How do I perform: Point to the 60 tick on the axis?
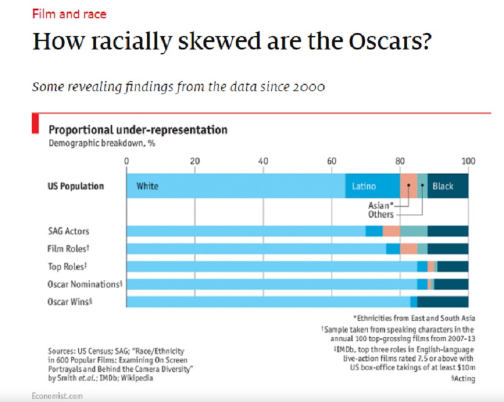point(331,161)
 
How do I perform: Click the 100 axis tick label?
point(468,161)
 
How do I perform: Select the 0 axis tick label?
point(126,161)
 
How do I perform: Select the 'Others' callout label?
point(381,214)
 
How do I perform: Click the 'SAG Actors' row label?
point(68,232)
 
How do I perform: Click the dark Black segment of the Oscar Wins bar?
point(442,302)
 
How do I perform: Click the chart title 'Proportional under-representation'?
point(138,130)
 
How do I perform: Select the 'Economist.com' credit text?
point(57,396)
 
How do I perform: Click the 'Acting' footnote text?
point(464,379)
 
